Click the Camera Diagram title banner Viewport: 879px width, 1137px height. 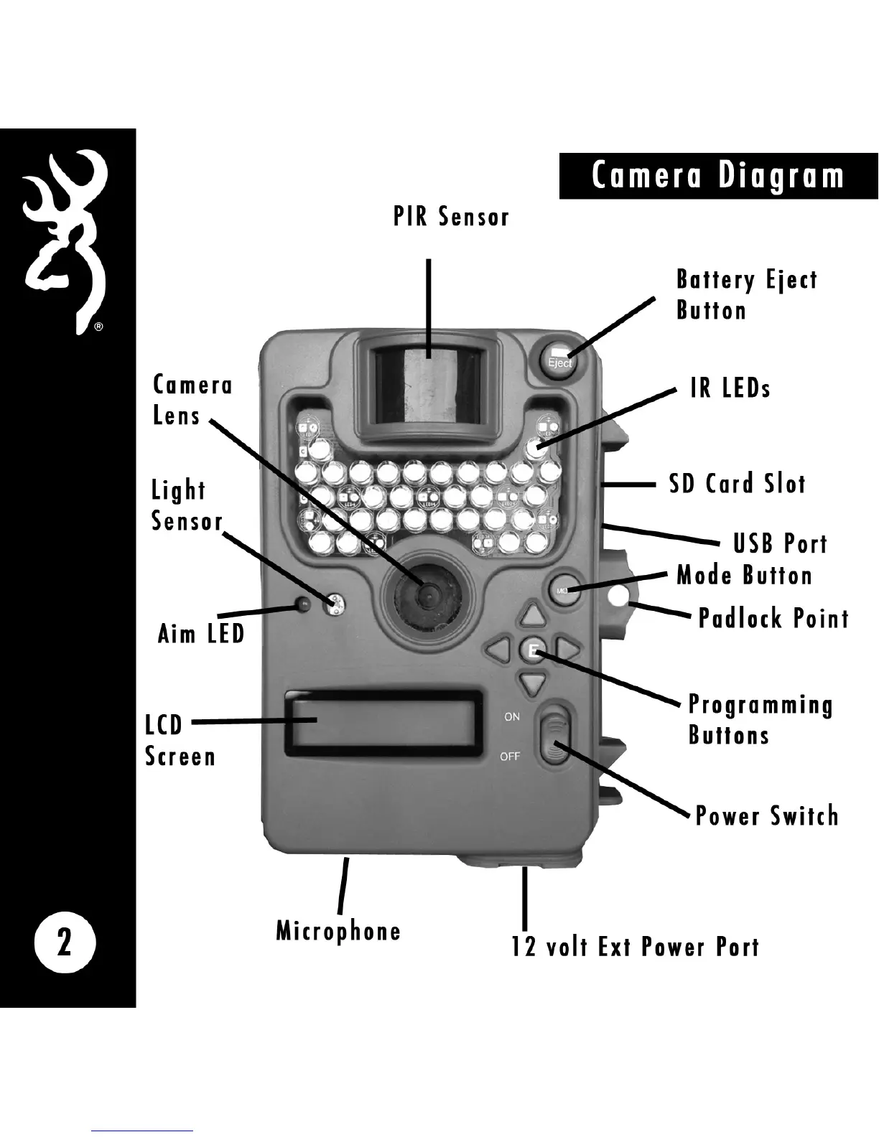point(718,176)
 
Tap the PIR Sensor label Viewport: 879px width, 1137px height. point(451,216)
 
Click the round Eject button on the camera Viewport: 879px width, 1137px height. point(559,356)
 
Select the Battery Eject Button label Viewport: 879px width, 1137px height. point(747,295)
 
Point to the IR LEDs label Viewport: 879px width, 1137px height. point(730,388)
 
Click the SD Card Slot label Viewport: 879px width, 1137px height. point(738,484)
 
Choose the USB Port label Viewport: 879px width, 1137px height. point(780,543)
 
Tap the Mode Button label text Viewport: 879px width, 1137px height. point(745,575)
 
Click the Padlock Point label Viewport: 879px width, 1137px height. point(773,618)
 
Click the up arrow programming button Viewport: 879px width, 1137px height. point(532,615)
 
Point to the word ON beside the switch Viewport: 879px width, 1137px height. point(512,716)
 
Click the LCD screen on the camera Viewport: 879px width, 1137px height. point(383,724)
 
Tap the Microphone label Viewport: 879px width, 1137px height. point(338,931)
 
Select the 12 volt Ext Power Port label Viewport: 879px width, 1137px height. point(635,947)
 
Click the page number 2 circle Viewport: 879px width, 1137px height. point(65,942)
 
